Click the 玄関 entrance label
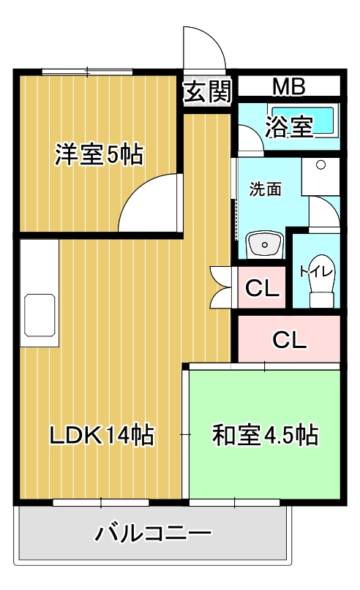coord(207,92)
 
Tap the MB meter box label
coord(289,86)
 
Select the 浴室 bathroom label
coord(289,126)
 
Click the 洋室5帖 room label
coord(99,154)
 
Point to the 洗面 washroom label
coord(265,189)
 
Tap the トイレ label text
coord(317,271)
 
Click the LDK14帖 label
coord(102,435)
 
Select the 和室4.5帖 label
coord(265,435)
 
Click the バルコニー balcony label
coord(152,533)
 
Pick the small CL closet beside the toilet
coord(261,288)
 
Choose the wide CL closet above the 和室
coord(289,339)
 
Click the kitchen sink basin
coord(40,315)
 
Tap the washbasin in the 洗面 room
coord(264,245)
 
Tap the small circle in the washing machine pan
coord(320,164)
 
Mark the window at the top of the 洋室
coord(87,72)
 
